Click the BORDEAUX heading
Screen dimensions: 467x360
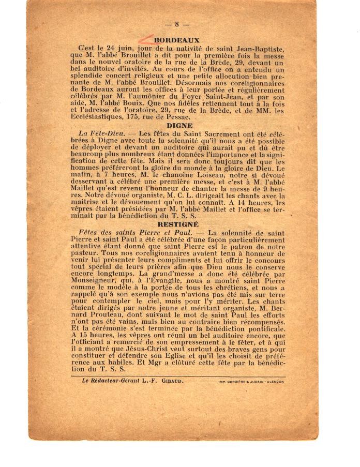pos(177,40)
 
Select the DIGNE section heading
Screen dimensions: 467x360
pos(179,126)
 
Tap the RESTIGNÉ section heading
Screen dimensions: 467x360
pos(178,224)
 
